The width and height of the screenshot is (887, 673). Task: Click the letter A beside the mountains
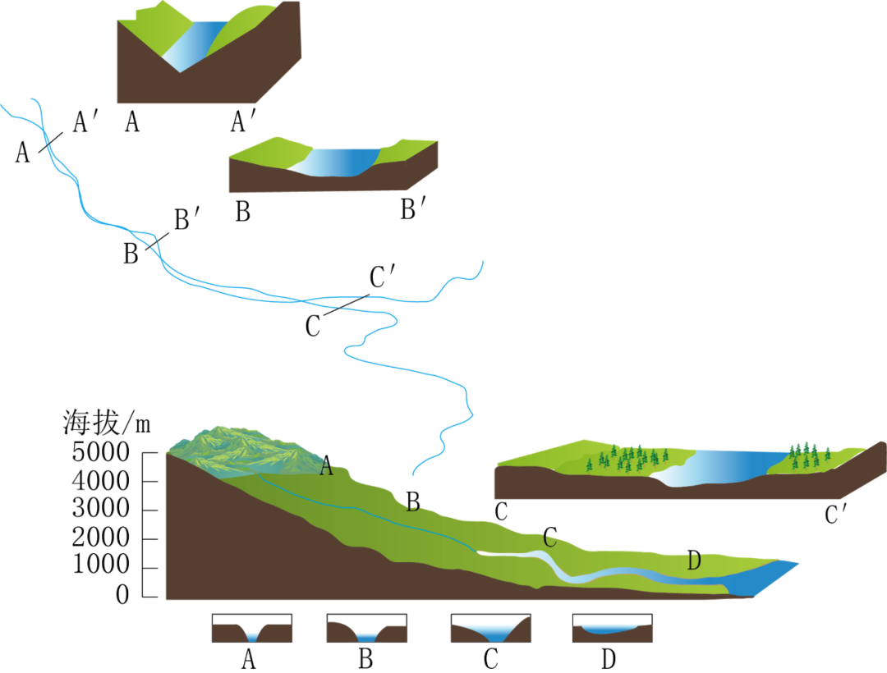pos(326,469)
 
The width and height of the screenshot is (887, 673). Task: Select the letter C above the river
pos(549,540)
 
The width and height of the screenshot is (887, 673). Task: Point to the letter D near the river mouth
pos(694,562)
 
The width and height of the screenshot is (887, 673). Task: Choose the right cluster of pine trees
pos(808,454)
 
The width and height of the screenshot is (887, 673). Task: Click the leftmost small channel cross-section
pos(252,634)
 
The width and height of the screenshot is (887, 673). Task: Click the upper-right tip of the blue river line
pos(483,261)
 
